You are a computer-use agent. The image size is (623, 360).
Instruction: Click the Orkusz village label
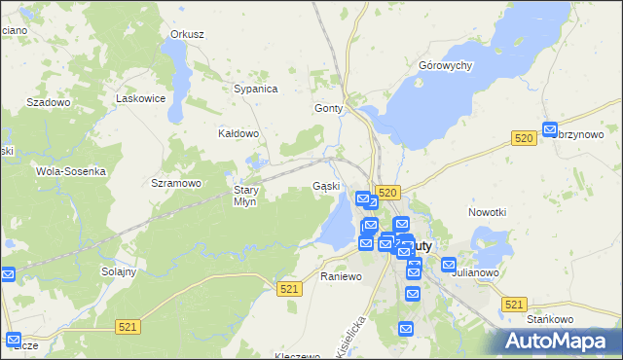pos(187,34)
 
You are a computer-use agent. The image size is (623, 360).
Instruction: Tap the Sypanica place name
pos(256,89)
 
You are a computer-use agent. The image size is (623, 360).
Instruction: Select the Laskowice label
pos(137,98)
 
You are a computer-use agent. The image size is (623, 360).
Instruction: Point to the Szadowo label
pos(49,102)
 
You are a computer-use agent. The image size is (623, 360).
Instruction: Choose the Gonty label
pos(329,109)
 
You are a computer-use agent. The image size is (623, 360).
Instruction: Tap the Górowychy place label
pos(445,65)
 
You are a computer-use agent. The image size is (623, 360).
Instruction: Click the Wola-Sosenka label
pos(70,170)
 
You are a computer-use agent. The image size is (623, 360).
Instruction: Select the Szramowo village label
pos(176,183)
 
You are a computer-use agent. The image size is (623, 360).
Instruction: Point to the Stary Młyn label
pos(244,196)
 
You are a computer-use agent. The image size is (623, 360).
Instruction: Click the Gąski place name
pos(325,186)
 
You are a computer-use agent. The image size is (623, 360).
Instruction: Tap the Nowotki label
pos(488,212)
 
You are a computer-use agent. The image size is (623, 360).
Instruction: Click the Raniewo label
pos(341,276)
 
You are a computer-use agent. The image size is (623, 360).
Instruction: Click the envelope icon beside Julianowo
pos(449,265)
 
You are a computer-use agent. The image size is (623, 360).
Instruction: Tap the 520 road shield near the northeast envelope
pos(524,140)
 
